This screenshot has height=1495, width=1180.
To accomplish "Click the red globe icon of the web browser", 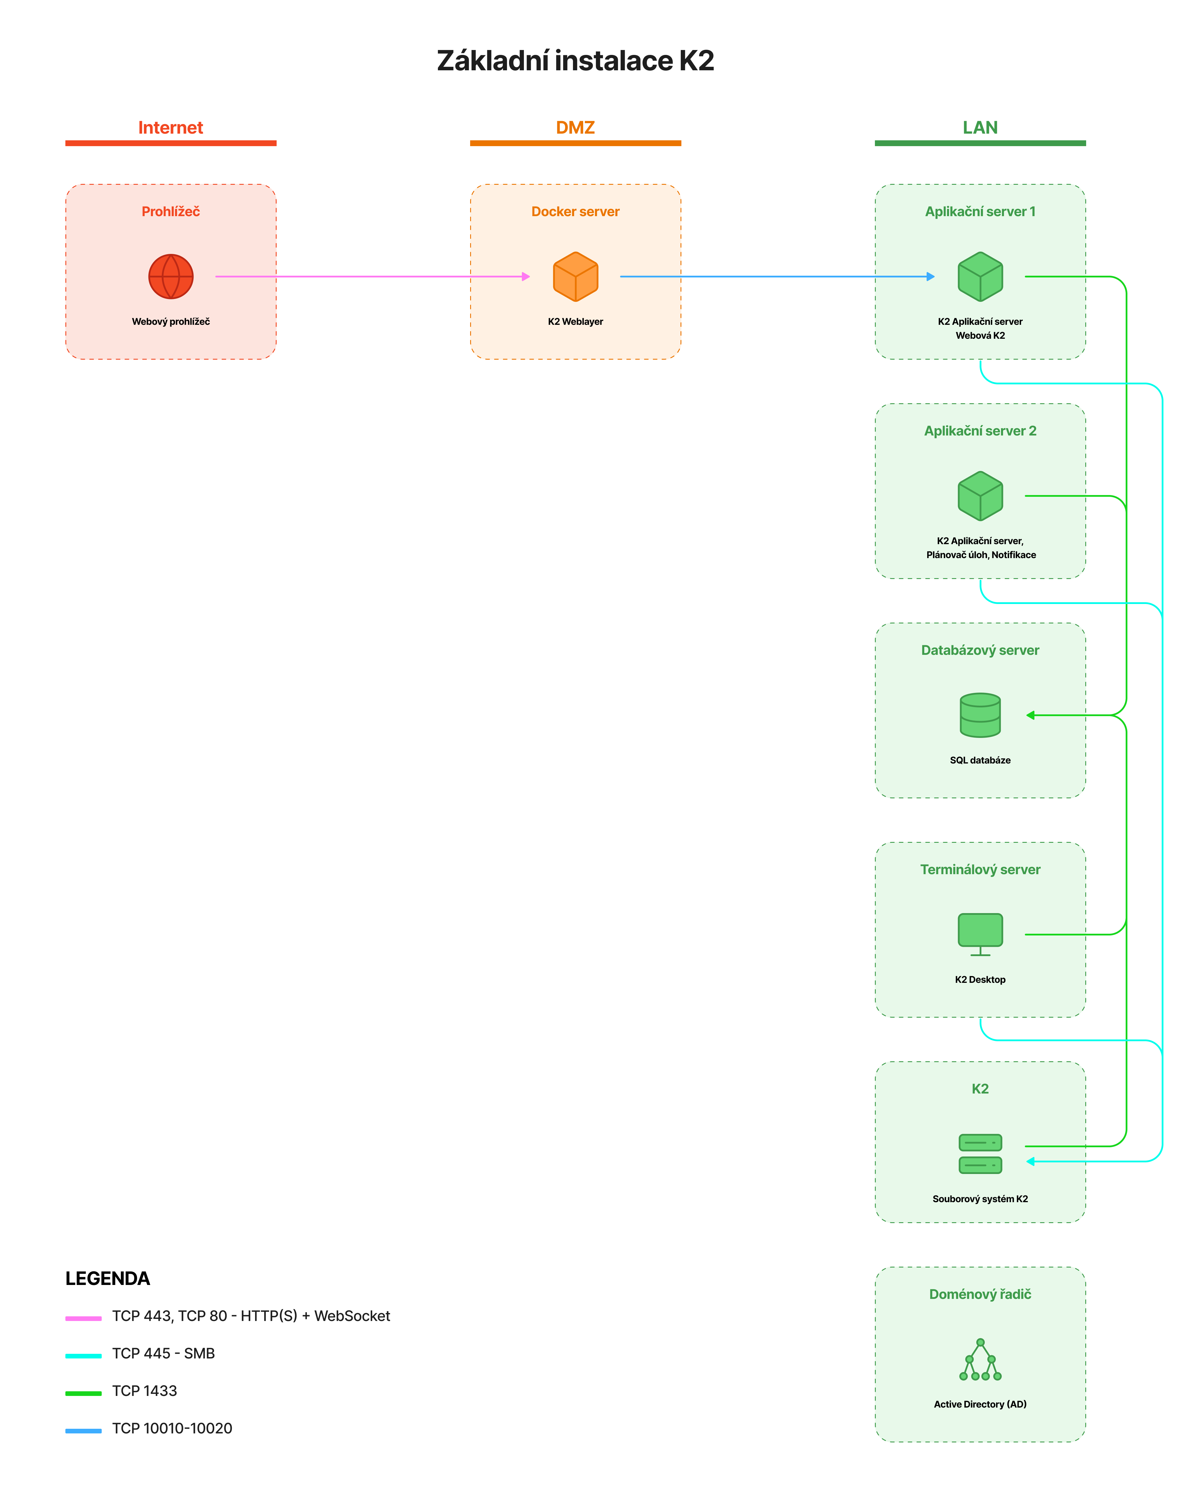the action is [171, 276].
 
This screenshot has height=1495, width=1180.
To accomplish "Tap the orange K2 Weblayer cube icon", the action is [576, 276].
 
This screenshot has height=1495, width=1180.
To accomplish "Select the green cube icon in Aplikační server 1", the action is [980, 276].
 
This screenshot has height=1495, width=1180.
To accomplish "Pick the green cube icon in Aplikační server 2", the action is [980, 496].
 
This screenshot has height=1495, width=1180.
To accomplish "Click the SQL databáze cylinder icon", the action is [980, 715].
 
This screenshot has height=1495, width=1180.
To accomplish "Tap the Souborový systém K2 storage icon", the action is [980, 1154].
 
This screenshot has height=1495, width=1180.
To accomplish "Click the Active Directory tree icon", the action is [980, 1360].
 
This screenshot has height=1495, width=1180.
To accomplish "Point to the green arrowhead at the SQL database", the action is [1030, 715].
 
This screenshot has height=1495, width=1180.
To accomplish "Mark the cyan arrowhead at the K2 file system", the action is [1030, 1161].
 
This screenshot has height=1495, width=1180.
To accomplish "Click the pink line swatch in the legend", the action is [84, 1318].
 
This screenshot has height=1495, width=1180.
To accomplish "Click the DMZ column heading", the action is [576, 128].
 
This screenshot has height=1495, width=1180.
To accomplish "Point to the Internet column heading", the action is [171, 128].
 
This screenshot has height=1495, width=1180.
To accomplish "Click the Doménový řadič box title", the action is [980, 1294].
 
